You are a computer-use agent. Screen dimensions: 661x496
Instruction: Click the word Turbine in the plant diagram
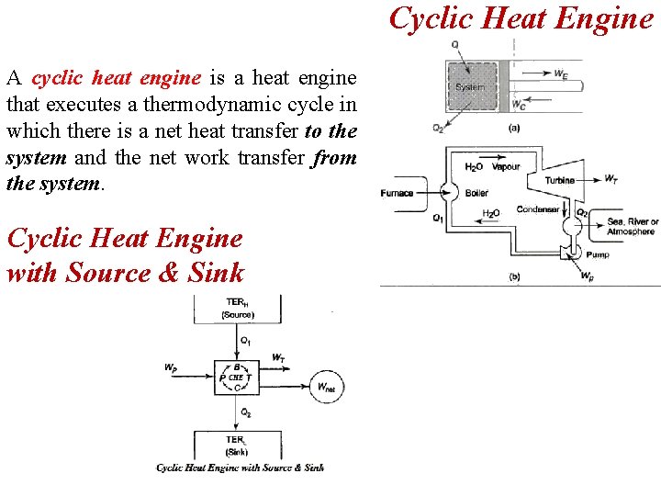[559, 180]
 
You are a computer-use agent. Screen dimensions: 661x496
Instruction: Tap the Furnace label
[397, 193]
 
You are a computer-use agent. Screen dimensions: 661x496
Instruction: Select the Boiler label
[477, 193]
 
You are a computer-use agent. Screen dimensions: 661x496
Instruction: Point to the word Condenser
[538, 209]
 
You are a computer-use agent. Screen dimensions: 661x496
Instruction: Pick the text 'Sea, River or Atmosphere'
[633, 226]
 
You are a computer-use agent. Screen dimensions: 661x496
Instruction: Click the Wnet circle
[327, 387]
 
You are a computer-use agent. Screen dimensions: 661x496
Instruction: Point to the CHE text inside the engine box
[236, 377]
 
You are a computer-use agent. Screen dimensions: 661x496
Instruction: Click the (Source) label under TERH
[237, 315]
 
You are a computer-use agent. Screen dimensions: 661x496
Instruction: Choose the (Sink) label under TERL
[236, 451]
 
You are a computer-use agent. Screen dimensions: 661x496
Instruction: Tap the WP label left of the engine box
[171, 367]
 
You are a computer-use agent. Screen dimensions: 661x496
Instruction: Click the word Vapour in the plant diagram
[506, 167]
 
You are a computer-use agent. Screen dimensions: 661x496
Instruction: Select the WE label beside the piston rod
[560, 74]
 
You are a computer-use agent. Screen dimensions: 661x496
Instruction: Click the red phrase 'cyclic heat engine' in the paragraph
[116, 79]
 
